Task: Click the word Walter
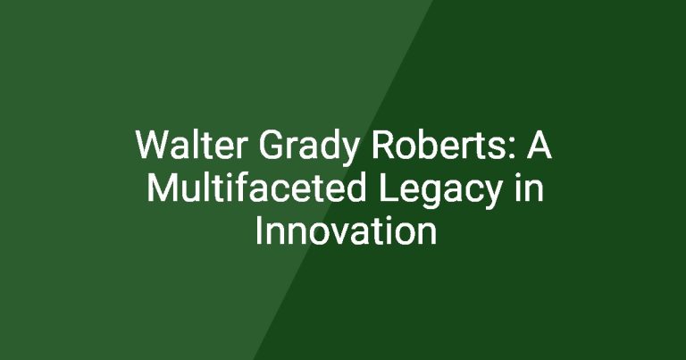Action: (x=191, y=145)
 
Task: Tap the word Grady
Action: (x=308, y=148)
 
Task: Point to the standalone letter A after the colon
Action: (x=539, y=145)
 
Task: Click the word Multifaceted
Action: (x=256, y=188)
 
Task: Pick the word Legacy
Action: (x=440, y=190)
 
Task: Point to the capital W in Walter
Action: (x=153, y=145)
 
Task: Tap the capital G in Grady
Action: (x=270, y=145)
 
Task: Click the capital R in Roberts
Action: (x=383, y=145)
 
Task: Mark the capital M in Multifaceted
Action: (x=162, y=188)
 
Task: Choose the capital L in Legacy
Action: (x=388, y=188)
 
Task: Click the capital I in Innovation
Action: (x=258, y=230)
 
